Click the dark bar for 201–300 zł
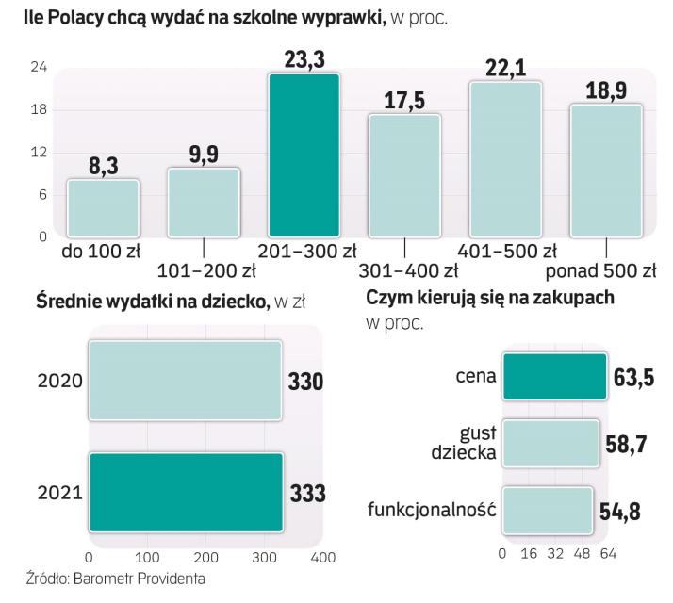[304, 155]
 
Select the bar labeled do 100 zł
[103, 207]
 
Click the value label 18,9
[606, 90]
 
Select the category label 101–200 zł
[204, 271]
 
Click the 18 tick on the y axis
[40, 109]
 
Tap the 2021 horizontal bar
[185, 493]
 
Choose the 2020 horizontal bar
[185, 380]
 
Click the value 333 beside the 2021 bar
[307, 494]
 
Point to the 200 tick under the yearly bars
[205, 559]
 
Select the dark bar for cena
[554, 377]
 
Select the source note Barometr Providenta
[114, 578]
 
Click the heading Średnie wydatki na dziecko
[151, 301]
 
